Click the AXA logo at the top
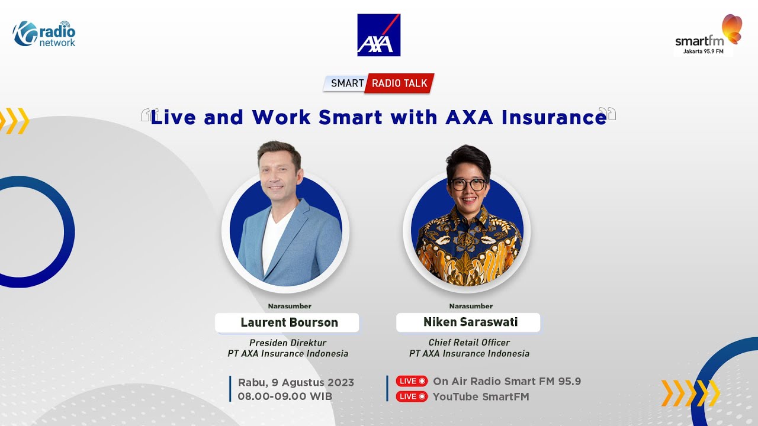[x=379, y=35]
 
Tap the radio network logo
[x=44, y=34]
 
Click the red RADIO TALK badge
[x=399, y=83]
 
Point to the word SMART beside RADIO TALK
[x=347, y=83]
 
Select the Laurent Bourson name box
[x=288, y=322]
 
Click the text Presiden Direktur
[x=288, y=343]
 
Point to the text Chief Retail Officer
[x=469, y=343]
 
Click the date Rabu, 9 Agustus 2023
[x=296, y=382]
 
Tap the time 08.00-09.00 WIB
[x=285, y=396]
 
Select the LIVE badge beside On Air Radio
[x=412, y=382]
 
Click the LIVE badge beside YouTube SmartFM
[x=412, y=396]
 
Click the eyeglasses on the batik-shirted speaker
[x=468, y=184]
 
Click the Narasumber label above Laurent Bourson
[x=289, y=306]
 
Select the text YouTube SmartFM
[x=481, y=396]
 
